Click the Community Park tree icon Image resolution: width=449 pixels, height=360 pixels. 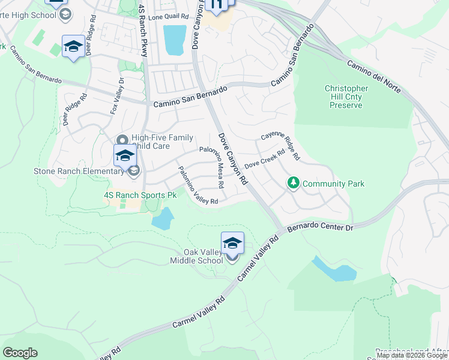click(x=294, y=182)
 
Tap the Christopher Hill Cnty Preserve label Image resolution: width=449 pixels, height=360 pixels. click(x=355, y=97)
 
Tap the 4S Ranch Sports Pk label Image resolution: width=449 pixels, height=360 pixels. click(x=140, y=195)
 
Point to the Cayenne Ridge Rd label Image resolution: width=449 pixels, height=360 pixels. click(x=280, y=147)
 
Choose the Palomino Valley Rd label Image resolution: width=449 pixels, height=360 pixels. click(x=197, y=185)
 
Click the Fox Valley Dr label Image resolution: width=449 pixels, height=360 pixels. click(x=116, y=97)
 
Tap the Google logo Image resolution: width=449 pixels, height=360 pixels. click(x=20, y=353)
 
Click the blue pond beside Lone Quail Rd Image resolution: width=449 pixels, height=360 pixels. click(x=174, y=40)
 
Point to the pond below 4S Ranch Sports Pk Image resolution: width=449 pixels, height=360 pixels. click(x=163, y=218)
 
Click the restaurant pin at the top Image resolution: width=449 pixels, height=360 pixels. click(x=217, y=5)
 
